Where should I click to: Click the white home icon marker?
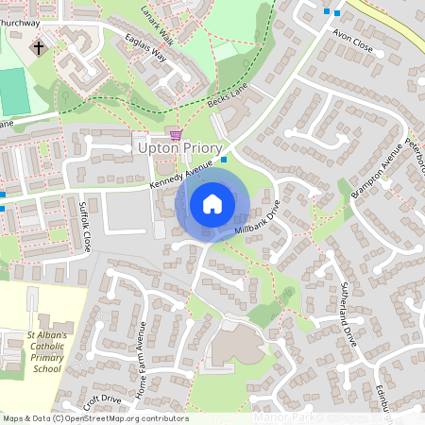[212, 204]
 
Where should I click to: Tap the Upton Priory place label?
[179, 148]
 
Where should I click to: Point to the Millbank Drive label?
[259, 220]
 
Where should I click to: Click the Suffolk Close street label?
[85, 227]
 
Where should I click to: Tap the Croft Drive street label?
[102, 400]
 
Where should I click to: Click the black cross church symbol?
[39, 46]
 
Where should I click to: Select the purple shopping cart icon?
[175, 134]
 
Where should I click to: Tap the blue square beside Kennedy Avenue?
[224, 159]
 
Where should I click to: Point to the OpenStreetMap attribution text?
[94, 418]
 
